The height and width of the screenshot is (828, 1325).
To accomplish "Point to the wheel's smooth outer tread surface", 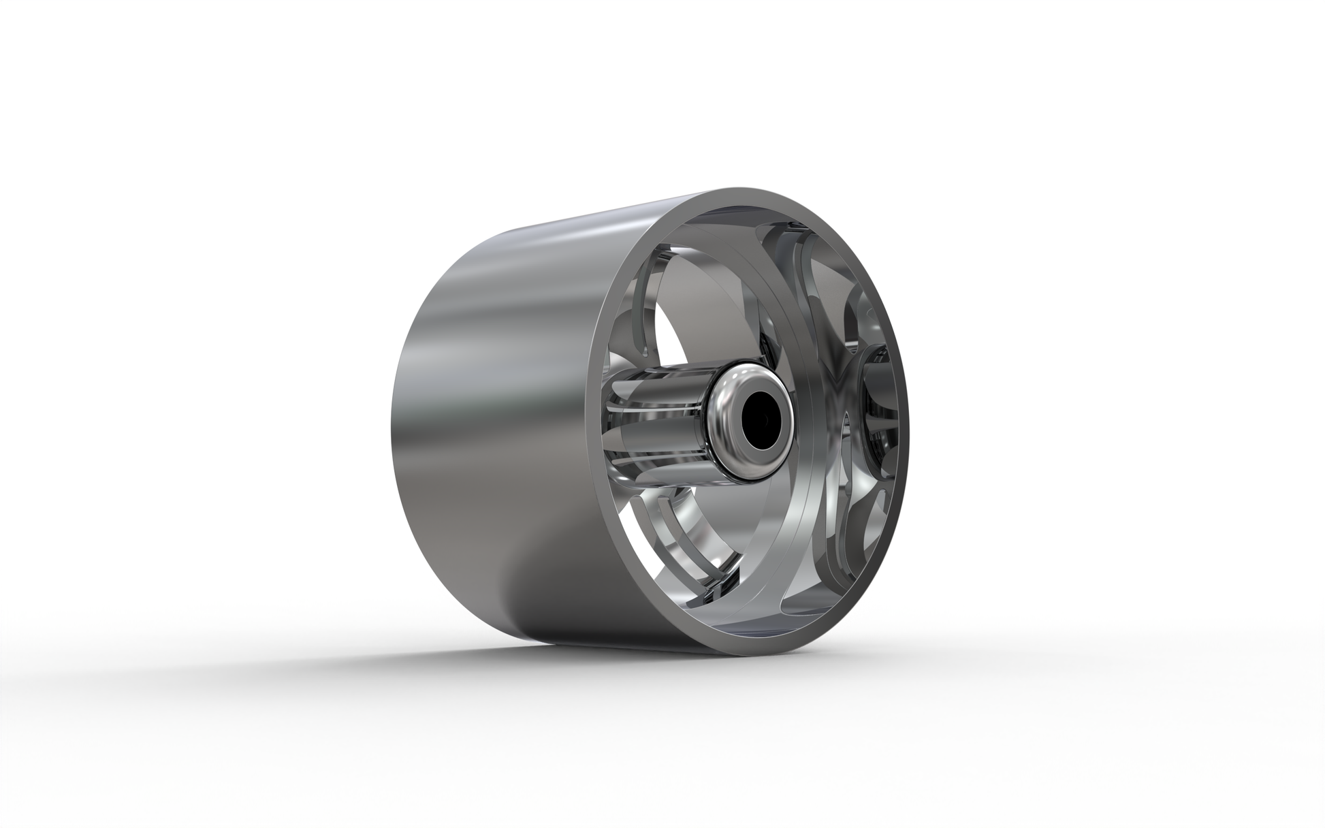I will pos(490,409).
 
